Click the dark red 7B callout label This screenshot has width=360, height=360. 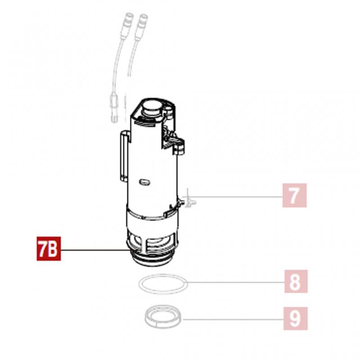coord(49,249)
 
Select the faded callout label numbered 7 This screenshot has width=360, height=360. coord(294,195)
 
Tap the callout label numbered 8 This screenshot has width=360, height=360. coord(296,282)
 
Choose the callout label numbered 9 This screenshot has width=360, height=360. coord(296,319)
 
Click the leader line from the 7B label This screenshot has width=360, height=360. coord(94,250)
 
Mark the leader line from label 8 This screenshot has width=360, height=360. coord(236,282)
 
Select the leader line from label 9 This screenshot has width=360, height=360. coord(233,319)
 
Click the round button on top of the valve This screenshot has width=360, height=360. coord(152,107)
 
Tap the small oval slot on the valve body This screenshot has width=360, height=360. coord(144,182)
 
